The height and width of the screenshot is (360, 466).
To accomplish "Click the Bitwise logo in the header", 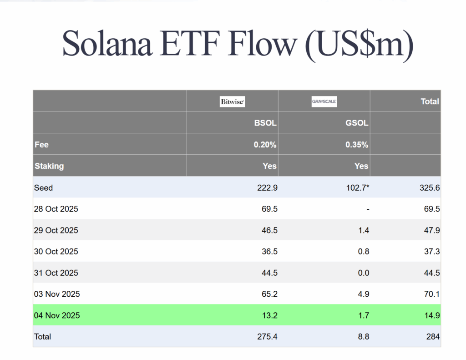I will (233, 101).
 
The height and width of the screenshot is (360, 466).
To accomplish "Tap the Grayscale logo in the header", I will (324, 101).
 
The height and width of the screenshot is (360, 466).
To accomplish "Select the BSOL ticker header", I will (265, 123).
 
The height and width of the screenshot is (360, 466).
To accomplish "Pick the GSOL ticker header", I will (357, 123).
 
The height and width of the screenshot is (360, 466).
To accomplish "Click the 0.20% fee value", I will (265, 145).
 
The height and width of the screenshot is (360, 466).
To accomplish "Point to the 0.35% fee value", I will (357, 145).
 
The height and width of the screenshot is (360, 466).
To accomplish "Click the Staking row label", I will (49, 166).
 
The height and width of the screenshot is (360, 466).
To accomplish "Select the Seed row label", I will (43, 188).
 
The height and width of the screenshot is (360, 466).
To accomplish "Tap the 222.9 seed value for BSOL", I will (268, 188).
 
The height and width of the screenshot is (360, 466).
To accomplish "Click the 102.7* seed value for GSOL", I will (358, 188).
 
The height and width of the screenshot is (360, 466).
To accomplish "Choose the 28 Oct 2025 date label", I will (56, 209).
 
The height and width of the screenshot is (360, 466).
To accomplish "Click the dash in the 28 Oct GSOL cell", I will (367, 209).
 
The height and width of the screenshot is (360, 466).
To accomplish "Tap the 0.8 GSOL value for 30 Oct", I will (363, 252).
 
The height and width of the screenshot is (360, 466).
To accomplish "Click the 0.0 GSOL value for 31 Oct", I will (363, 273).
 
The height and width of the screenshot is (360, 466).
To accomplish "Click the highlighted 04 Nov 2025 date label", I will (57, 315).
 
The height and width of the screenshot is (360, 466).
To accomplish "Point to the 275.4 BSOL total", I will (268, 337).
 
